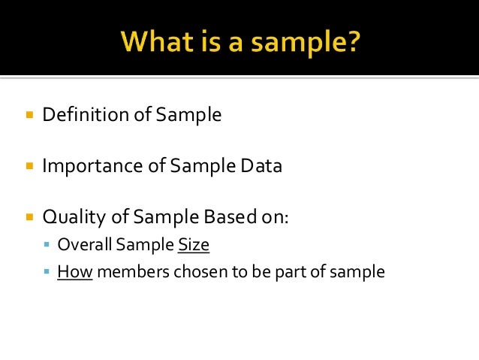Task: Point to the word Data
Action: pyautogui.click(x=262, y=166)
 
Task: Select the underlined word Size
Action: pyautogui.click(x=193, y=245)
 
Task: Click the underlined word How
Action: pyautogui.click(x=74, y=271)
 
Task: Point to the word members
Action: pyautogui.click(x=133, y=271)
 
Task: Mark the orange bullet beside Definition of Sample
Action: pyautogui.click(x=29, y=116)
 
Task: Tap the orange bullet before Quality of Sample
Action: pyautogui.click(x=29, y=218)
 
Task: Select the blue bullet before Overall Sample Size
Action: pyautogui.click(x=47, y=245)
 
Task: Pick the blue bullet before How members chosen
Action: pyautogui.click(x=47, y=271)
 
